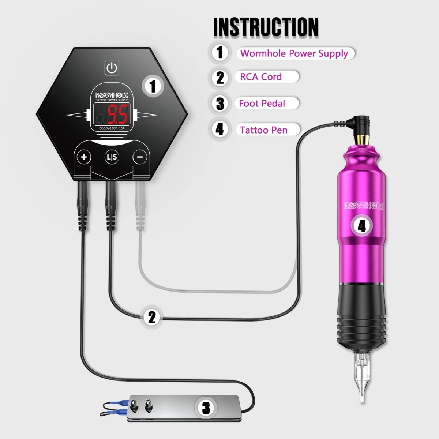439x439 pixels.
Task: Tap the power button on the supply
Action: (x=112, y=68)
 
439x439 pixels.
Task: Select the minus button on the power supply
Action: (x=140, y=157)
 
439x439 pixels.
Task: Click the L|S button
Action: (x=112, y=157)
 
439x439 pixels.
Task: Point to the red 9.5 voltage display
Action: (x=117, y=114)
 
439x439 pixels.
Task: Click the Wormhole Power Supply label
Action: (x=294, y=53)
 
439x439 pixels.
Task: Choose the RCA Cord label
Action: (x=261, y=77)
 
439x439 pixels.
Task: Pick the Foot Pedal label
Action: (x=262, y=104)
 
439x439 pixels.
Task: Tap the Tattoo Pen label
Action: (x=264, y=130)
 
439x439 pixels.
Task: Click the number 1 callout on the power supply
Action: (x=153, y=86)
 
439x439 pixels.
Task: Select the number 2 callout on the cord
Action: (x=152, y=317)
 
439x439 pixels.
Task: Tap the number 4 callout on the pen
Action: (x=361, y=226)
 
